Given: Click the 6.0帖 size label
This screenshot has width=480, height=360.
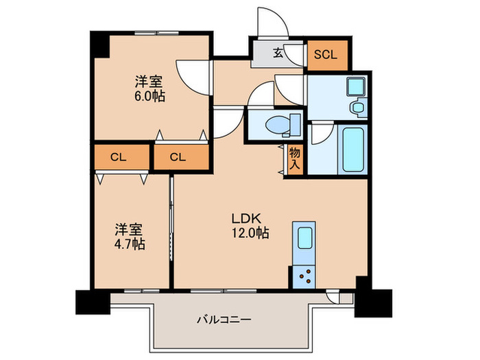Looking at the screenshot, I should coord(149,96).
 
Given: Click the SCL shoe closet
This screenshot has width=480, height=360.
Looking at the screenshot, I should coord(326,56).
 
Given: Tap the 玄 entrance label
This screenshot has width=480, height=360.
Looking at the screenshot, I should coord(278,53).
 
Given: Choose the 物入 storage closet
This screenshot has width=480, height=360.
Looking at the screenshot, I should coord(295,157).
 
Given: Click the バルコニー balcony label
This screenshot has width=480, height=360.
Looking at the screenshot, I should coord(224,319).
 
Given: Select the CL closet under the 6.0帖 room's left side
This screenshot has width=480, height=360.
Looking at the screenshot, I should coord(119,156).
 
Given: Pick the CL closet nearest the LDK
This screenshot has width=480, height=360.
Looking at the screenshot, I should coord(178,156).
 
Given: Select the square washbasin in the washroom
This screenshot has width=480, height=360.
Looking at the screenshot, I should coord(355,87).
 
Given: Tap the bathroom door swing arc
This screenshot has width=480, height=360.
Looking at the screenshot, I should coord(321,134).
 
